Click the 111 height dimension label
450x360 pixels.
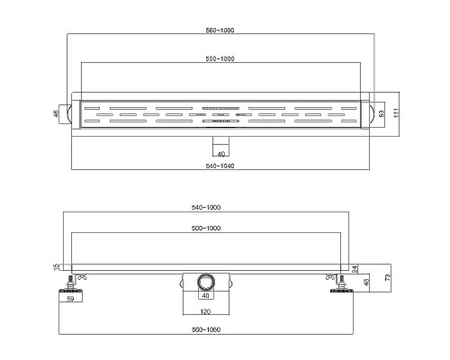[x=396, y=113]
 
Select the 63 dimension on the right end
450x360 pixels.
[x=382, y=113]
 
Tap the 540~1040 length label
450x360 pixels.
[x=220, y=166]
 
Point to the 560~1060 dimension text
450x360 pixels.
[x=206, y=329]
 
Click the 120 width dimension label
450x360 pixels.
[x=205, y=311]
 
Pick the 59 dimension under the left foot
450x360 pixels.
[x=70, y=299]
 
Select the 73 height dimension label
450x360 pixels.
[x=388, y=277]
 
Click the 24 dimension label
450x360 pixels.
[x=355, y=269]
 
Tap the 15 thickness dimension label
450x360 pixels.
[x=56, y=267]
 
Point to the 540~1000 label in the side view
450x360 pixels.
[x=206, y=207]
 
